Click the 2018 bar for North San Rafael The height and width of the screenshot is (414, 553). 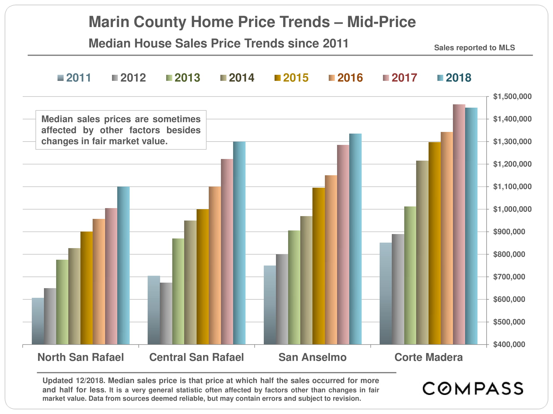click(x=123, y=265)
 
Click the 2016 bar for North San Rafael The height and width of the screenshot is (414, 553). click(x=99, y=282)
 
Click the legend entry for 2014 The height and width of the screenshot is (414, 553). click(x=237, y=78)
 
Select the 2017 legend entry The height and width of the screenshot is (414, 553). click(x=400, y=78)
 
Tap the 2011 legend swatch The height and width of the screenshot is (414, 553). click(x=61, y=78)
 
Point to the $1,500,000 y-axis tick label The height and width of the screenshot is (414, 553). click(x=512, y=97)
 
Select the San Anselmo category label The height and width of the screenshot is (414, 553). click(x=312, y=357)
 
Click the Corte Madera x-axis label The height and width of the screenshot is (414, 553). click(x=428, y=357)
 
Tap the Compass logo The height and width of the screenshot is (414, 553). click(x=473, y=388)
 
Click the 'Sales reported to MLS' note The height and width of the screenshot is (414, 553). click(x=474, y=48)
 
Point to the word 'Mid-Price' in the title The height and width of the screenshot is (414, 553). click(x=381, y=22)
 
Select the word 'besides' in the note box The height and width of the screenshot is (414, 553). click(x=183, y=130)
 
